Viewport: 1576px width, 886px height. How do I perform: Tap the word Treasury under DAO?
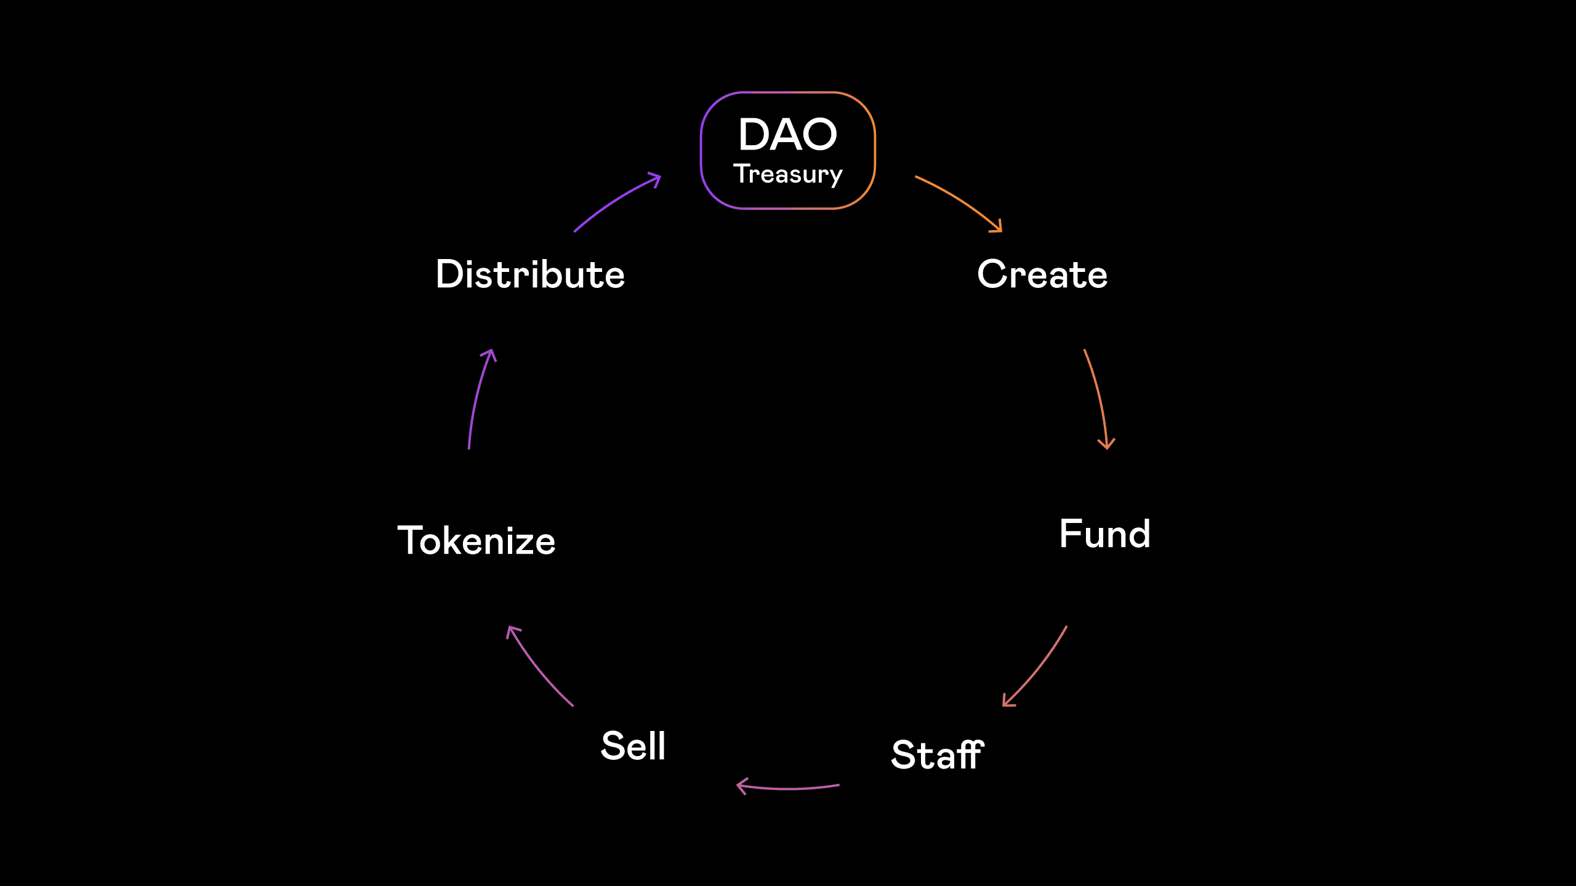click(x=788, y=174)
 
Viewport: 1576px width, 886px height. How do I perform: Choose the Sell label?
click(x=633, y=746)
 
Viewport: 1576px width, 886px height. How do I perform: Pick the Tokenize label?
click(x=476, y=541)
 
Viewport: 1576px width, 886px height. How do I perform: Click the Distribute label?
click(x=530, y=274)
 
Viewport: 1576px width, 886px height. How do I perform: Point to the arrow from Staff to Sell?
click(x=788, y=788)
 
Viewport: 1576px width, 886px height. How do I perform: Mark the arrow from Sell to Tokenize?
click(x=536, y=668)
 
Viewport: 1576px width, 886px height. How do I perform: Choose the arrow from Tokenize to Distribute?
click(x=477, y=397)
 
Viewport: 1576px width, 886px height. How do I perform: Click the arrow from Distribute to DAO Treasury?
click(x=614, y=199)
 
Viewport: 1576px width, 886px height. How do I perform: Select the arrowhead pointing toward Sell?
click(x=742, y=786)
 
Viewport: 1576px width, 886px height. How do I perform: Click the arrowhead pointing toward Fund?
click(x=1106, y=445)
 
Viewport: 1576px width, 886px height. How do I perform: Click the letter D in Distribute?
click(x=449, y=274)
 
